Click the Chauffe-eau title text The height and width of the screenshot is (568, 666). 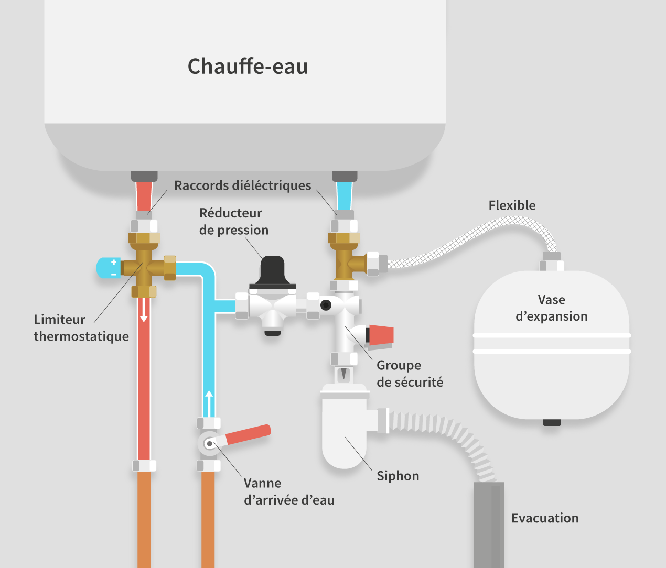(248, 67)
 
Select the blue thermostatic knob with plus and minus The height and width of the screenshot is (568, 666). (108, 268)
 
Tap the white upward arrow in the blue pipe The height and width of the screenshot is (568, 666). (209, 402)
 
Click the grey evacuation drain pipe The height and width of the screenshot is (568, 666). (489, 524)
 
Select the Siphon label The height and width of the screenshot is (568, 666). (398, 476)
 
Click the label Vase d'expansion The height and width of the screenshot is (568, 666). (551, 308)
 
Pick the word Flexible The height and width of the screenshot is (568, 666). (512, 205)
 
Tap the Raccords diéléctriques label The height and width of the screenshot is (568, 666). (242, 185)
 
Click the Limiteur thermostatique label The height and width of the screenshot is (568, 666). (81, 327)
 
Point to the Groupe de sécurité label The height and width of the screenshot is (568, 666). (409, 374)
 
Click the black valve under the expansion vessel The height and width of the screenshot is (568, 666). (552, 422)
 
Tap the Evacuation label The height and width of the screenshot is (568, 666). (544, 518)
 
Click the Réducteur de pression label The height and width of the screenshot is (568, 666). (233, 221)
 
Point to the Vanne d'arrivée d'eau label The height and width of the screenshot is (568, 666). (288, 491)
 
